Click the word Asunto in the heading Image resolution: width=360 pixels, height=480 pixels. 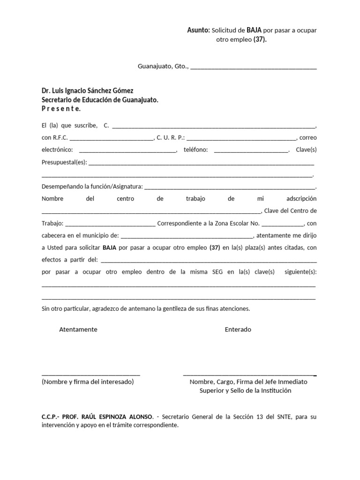point(198,30)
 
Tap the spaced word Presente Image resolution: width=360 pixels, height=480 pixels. point(61,109)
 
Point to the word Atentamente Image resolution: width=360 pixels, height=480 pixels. point(78,330)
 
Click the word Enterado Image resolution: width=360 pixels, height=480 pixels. point(238,330)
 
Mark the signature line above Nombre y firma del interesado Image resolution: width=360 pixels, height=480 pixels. point(91,375)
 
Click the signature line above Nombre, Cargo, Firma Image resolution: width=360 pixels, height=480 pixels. point(249,375)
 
